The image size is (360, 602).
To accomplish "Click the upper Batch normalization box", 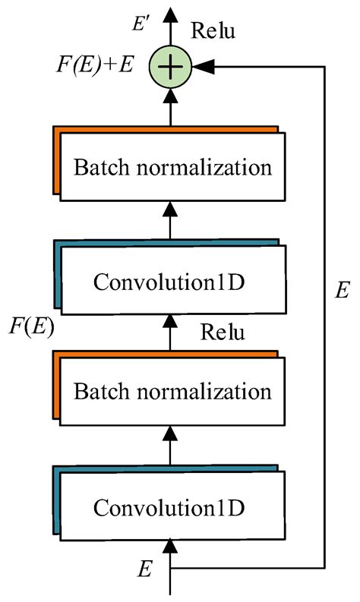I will point(172,167).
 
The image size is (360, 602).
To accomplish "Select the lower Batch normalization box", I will point(172,392).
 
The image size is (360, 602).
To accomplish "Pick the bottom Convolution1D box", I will point(172,505).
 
